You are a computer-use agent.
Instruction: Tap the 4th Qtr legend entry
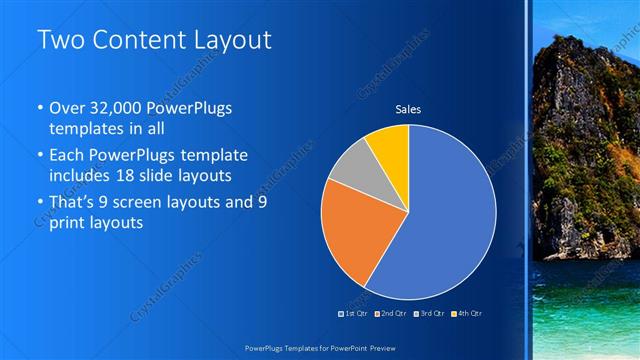[467, 313]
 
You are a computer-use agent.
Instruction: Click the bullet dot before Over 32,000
[39, 109]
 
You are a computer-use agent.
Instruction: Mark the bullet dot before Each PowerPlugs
[39, 156]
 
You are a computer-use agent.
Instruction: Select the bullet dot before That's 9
[39, 202]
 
